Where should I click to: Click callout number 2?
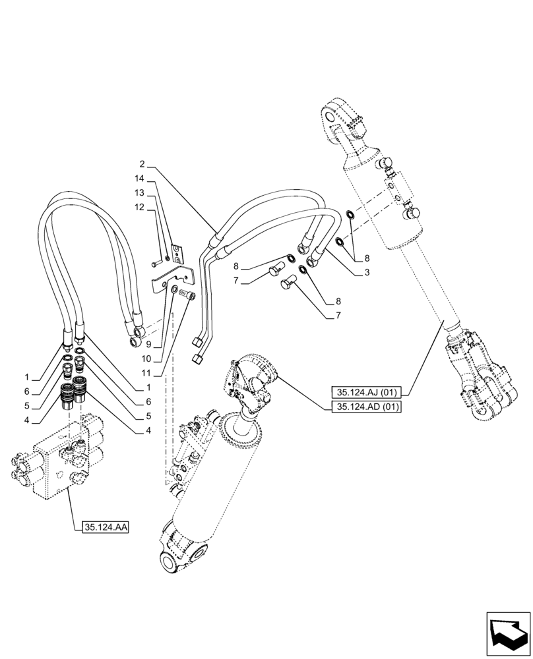142,163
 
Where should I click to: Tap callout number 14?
140,179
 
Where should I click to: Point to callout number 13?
140,192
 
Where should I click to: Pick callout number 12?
140,207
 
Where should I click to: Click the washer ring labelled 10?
175,290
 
